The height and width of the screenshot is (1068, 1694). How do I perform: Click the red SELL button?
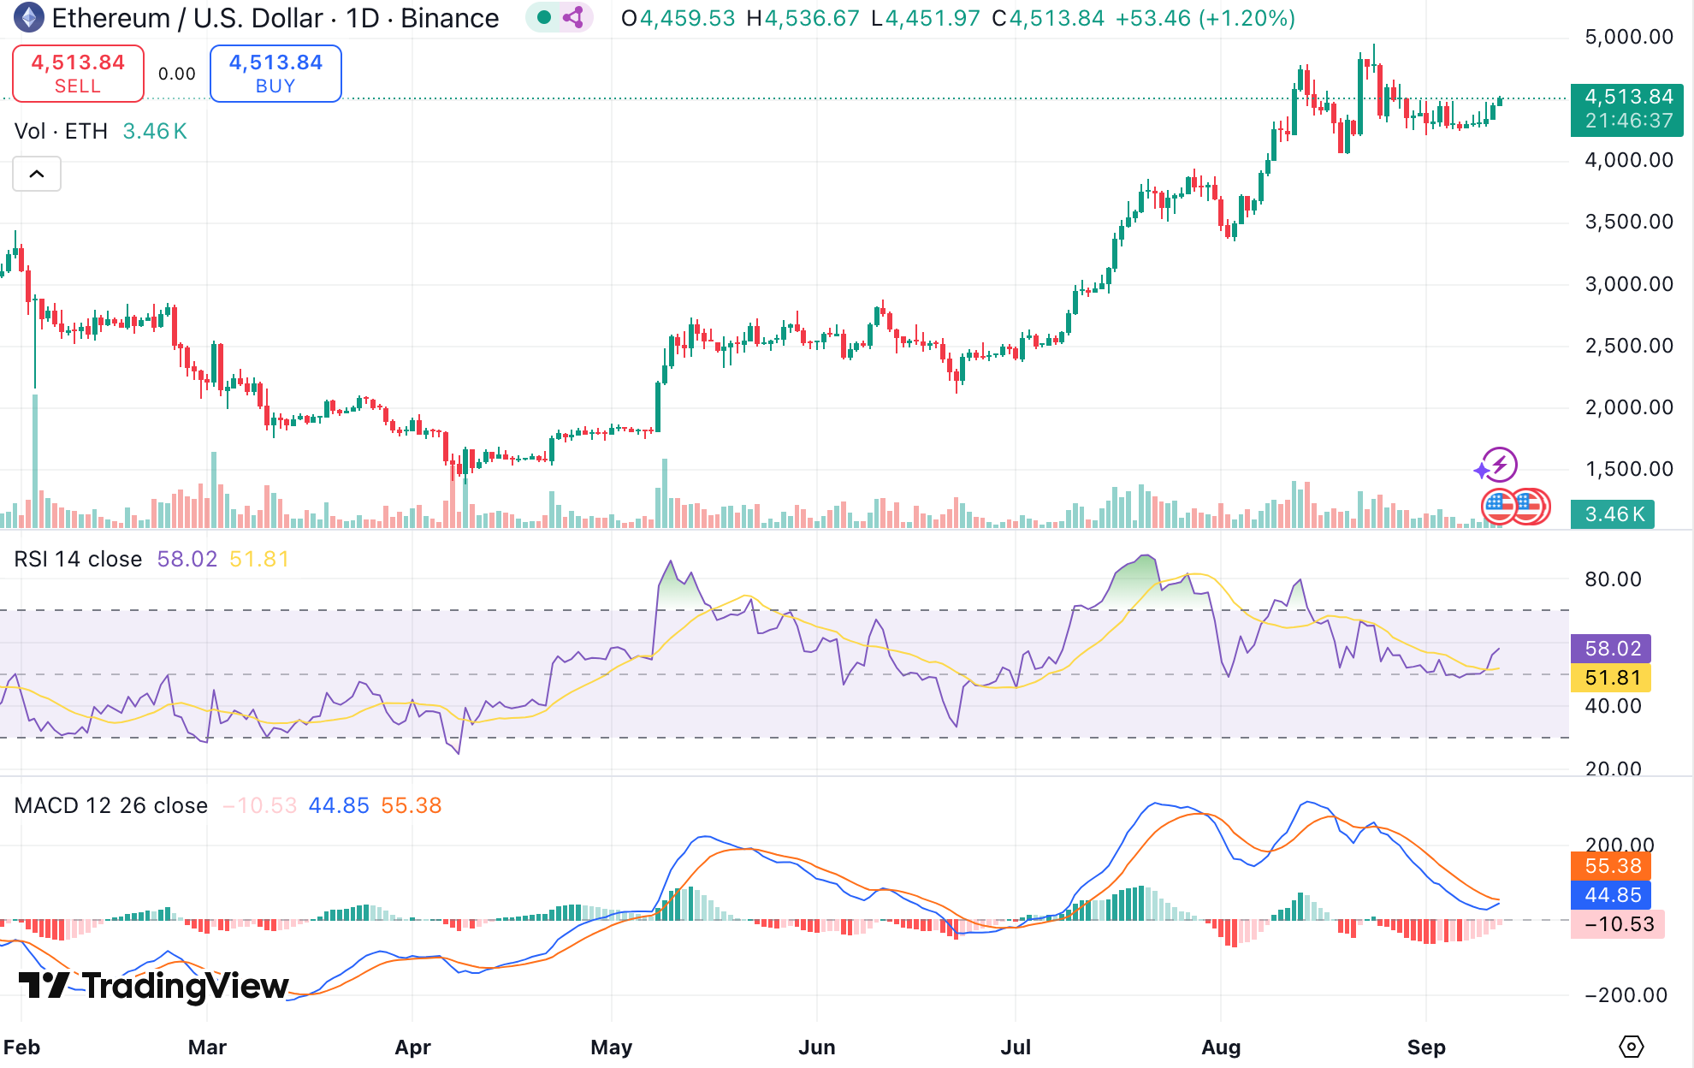(78, 74)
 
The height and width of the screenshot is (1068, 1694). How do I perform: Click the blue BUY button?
(275, 74)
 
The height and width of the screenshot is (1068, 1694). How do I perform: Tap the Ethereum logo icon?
(29, 17)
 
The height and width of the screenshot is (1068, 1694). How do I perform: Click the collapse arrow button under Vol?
(37, 175)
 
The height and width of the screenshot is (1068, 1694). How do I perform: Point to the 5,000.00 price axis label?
(1628, 37)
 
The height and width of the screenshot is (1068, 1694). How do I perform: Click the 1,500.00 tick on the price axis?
(1628, 469)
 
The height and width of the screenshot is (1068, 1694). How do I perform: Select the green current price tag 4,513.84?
(1627, 109)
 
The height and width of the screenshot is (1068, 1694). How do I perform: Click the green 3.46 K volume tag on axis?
(1614, 514)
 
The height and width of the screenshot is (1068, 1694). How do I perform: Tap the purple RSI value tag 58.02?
(1612, 649)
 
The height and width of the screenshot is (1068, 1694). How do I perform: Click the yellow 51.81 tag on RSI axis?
(1612, 678)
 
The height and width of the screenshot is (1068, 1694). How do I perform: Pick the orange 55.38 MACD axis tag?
(1612, 866)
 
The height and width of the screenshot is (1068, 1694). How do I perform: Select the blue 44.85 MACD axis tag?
(1612, 895)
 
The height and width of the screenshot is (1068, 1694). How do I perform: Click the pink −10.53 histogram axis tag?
(1617, 924)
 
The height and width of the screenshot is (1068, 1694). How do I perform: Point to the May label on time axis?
(611, 1047)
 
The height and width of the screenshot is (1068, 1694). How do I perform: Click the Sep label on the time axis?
(1426, 1047)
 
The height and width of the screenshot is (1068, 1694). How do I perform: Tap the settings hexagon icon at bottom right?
(1631, 1047)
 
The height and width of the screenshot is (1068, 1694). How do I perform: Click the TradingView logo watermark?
(154, 986)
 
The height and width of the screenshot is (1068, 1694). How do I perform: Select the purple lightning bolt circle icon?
(1499, 465)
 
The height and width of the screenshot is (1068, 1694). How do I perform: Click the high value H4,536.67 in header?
(803, 18)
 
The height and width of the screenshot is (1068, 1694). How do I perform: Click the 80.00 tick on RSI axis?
(1613, 579)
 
